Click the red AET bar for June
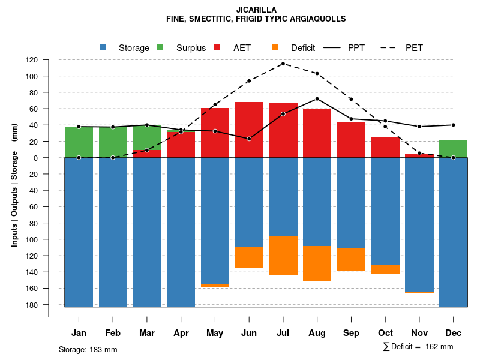[249, 130]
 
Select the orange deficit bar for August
[317, 263]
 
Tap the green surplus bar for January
[79, 142]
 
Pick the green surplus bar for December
[453, 149]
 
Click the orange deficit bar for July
[283, 256]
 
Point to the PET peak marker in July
[283, 64]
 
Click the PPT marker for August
[317, 98]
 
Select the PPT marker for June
[249, 139]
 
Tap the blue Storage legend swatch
[103, 47]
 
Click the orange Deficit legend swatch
[275, 47]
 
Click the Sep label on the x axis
[351, 333]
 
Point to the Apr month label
[181, 333]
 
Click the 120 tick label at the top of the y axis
[48, 60]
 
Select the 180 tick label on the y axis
[48, 305]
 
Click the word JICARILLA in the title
[256, 10]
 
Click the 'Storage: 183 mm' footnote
[88, 349]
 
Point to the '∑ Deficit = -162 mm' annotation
[418, 347]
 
